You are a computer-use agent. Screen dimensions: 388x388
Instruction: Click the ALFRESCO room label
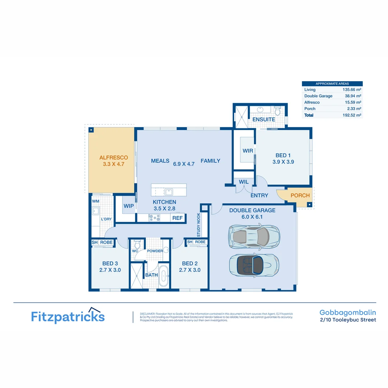coord(114,157)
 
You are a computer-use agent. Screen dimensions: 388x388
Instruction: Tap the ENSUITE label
coord(264,119)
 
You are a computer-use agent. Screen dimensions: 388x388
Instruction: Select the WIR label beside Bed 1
coord(248,151)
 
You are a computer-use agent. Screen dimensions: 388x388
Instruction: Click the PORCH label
coord(300,195)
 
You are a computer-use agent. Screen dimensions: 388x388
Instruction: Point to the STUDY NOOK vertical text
coord(198,225)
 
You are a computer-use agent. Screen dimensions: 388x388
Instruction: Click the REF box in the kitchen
coord(177,218)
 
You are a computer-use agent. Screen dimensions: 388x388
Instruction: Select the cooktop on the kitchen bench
coord(154,217)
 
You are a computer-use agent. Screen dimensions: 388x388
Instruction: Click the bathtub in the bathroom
coord(163,276)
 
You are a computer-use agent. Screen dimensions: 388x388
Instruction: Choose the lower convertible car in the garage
coord(254,264)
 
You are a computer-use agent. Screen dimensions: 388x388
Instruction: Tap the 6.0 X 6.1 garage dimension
coord(252,217)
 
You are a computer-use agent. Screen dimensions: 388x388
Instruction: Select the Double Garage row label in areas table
coord(318,96)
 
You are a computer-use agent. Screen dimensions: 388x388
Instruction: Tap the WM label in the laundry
coord(95,201)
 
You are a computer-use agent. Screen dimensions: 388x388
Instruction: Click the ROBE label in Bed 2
coord(200,242)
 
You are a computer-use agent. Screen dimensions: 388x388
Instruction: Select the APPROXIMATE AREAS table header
coord(332,83)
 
